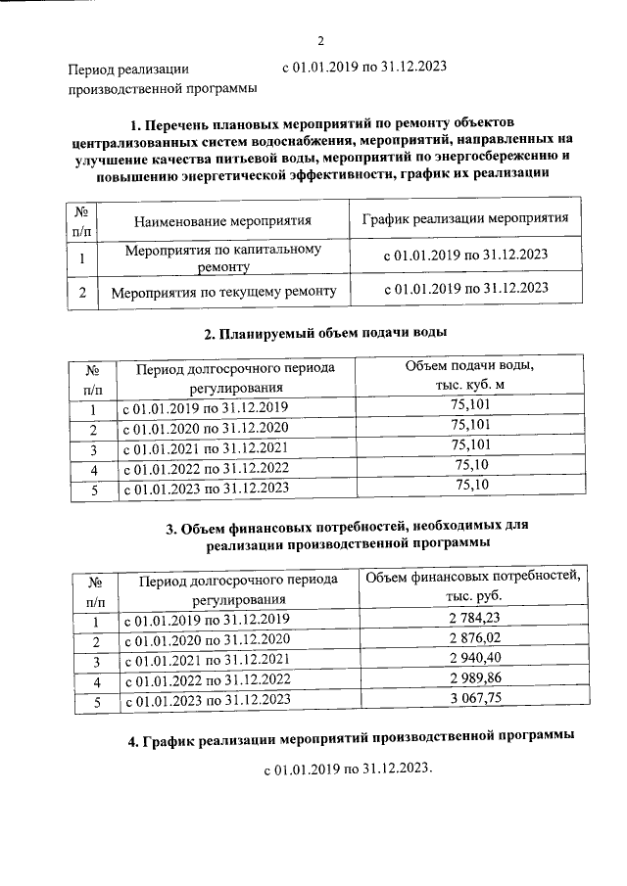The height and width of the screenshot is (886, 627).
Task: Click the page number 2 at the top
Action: [x=320, y=40]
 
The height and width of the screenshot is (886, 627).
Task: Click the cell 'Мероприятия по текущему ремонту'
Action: [x=224, y=292]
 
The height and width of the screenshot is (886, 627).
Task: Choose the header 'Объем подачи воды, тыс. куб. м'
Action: [x=469, y=375]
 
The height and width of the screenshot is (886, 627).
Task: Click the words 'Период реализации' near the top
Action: [x=127, y=70]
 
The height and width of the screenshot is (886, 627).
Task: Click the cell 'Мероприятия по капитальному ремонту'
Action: [x=224, y=257]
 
